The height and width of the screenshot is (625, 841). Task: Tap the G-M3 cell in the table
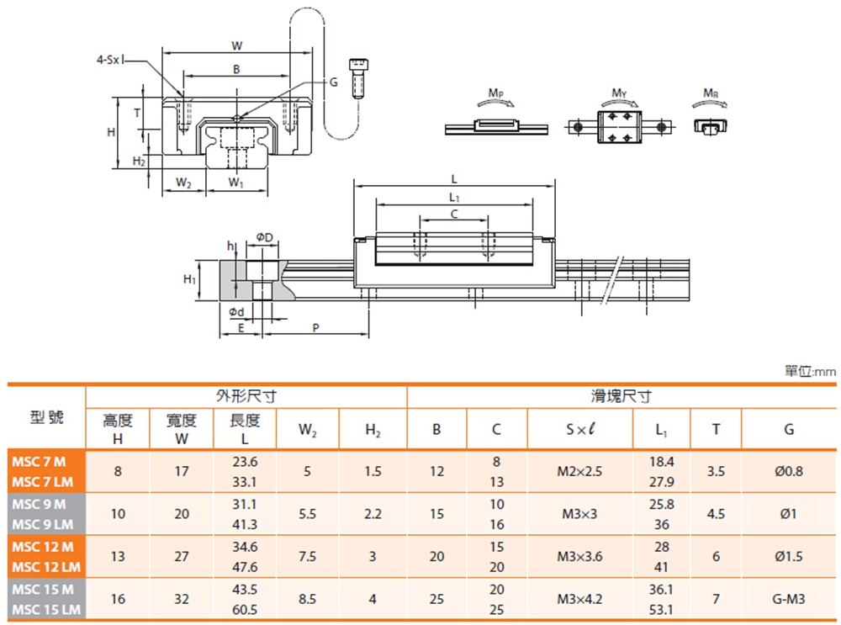788,599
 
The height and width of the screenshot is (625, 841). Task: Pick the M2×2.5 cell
579,472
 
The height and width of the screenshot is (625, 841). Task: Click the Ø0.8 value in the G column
788,472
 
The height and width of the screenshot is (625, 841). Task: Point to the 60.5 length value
249,608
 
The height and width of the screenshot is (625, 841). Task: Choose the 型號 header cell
47,417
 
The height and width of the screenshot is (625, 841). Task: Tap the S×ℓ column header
579,429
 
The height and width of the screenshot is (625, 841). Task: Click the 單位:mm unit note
810,371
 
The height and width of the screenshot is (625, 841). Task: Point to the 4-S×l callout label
110,60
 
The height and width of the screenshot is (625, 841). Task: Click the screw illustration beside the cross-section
360,77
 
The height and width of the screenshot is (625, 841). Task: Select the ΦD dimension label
264,236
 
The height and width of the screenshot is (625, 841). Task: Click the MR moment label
711,92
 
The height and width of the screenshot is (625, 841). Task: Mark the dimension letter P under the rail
315,326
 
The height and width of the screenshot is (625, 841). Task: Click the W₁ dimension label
236,183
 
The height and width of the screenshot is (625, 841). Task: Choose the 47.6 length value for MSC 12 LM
249,566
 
